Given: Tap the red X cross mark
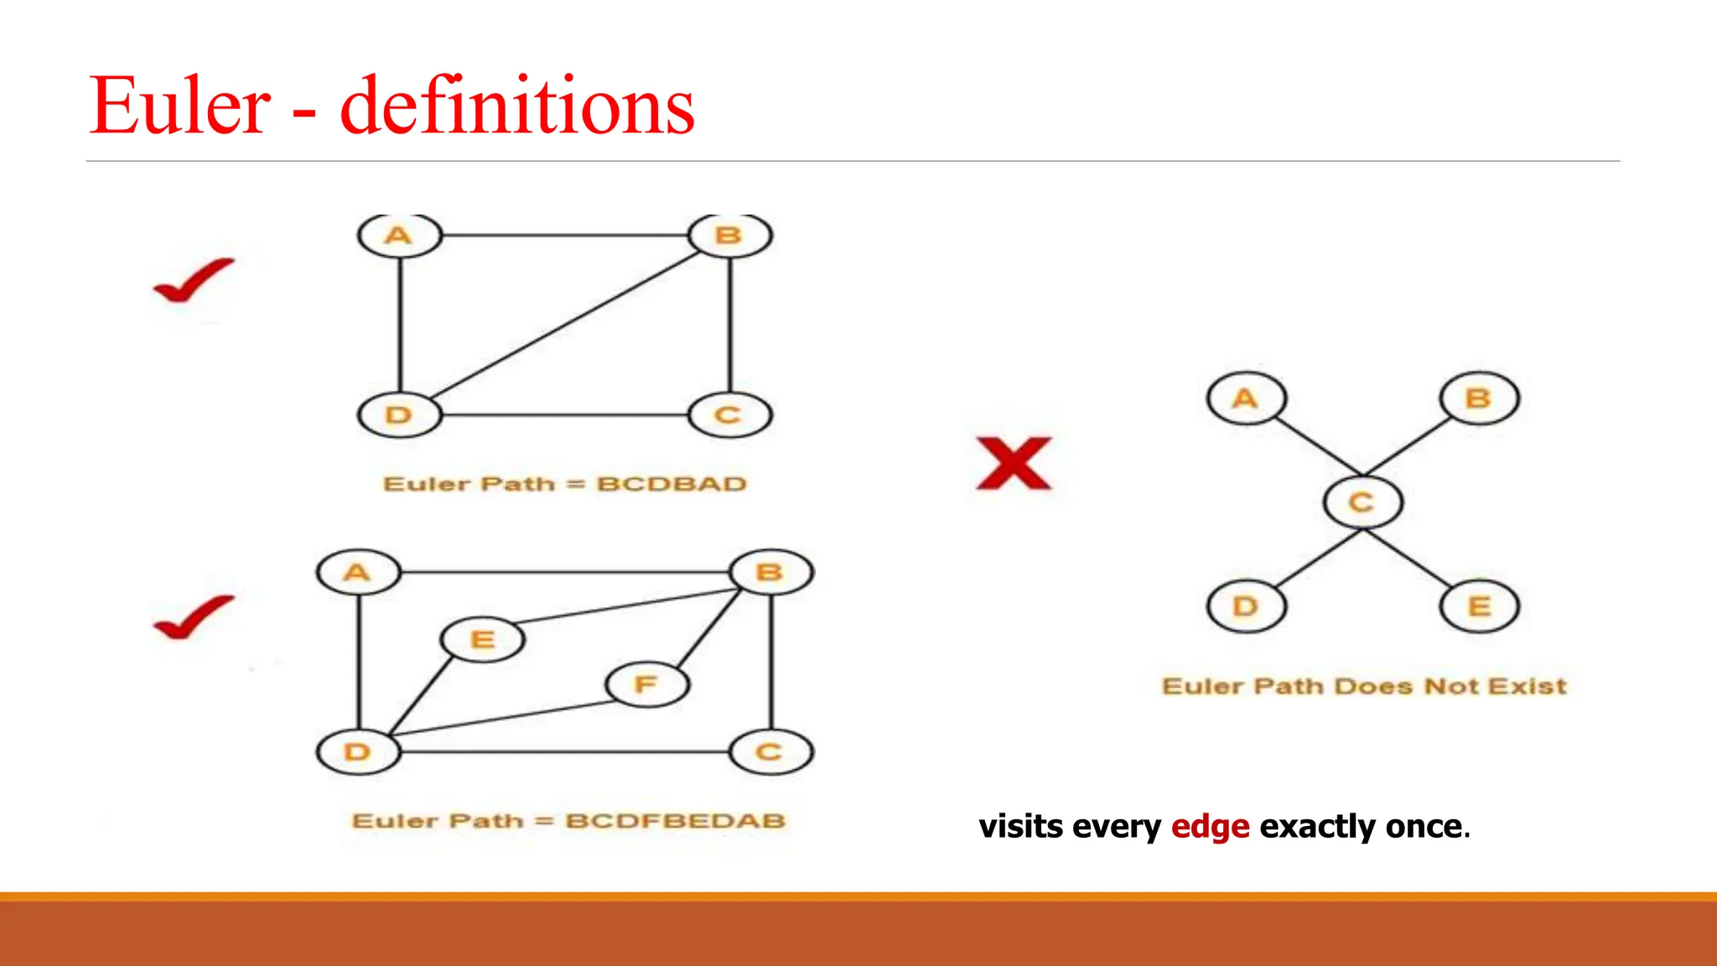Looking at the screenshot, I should [x=1014, y=463].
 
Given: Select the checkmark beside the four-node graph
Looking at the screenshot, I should [x=194, y=280].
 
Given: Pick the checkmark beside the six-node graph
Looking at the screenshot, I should [x=194, y=617].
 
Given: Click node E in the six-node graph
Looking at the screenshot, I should [x=483, y=640].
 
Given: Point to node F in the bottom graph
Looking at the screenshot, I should [x=646, y=684].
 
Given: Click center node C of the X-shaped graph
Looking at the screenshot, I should [x=1362, y=502].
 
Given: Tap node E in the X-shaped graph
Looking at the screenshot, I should [x=1479, y=606].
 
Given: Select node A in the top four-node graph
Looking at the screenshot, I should [x=399, y=236].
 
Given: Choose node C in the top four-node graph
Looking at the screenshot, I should [x=729, y=415].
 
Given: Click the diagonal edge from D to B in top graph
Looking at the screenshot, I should [x=563, y=325].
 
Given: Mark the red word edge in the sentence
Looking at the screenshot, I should [x=1210, y=827].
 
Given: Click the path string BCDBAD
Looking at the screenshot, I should [x=672, y=485].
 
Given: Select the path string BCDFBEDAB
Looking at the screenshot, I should [x=675, y=821].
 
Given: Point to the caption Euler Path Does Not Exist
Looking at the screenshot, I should [x=1364, y=687].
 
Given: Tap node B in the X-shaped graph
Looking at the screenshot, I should [x=1479, y=398].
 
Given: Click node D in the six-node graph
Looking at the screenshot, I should [x=358, y=752].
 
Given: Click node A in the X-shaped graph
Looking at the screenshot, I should [x=1246, y=398].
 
